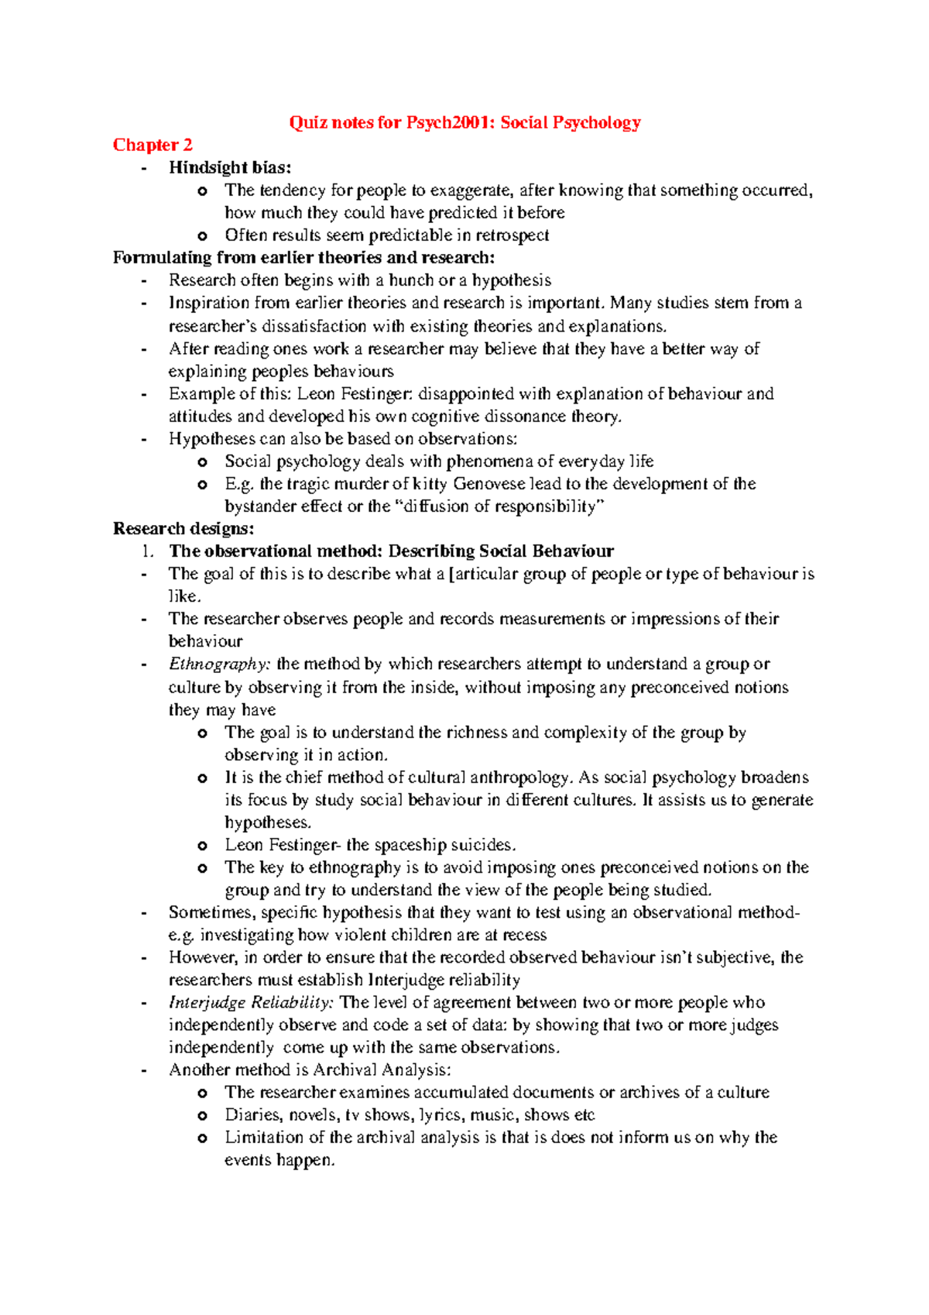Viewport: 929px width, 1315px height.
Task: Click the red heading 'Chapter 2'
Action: tap(153, 145)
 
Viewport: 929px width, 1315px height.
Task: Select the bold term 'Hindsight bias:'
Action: tap(231, 167)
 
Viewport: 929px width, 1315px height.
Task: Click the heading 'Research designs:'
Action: tap(183, 528)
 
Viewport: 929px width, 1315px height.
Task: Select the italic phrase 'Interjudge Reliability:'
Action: tap(252, 1002)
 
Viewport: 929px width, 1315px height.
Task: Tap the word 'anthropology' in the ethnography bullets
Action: tap(520, 778)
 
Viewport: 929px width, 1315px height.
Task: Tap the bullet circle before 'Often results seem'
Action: tap(203, 235)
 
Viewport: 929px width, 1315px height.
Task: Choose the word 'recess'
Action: tap(525, 935)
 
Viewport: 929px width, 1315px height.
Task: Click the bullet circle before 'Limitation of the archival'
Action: tap(203, 1138)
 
